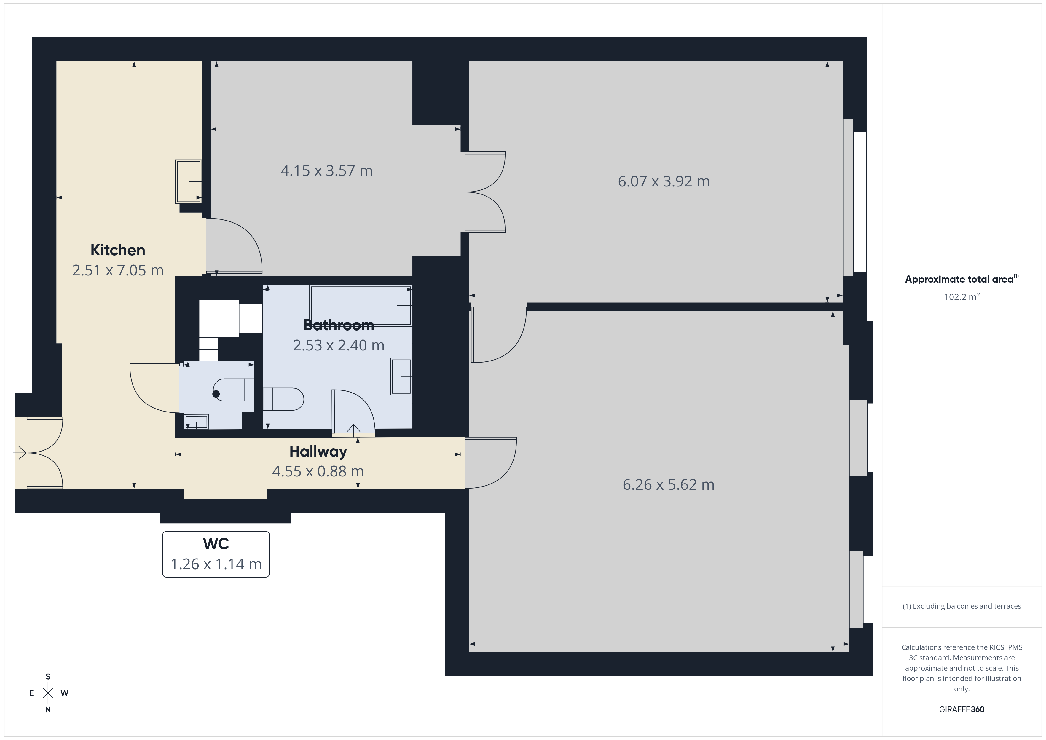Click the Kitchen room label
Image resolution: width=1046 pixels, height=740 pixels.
(x=117, y=250)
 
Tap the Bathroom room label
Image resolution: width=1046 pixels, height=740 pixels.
(x=339, y=325)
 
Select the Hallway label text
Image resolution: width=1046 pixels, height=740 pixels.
(x=318, y=452)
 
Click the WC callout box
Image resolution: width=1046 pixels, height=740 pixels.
(x=216, y=554)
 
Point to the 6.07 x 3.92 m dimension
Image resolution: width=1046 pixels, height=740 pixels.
(x=663, y=181)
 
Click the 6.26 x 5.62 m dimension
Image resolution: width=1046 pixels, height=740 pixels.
(x=668, y=484)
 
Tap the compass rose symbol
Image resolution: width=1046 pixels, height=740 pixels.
(x=48, y=693)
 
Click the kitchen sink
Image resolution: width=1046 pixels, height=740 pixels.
(x=189, y=181)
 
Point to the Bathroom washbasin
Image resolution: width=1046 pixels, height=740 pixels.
(x=401, y=377)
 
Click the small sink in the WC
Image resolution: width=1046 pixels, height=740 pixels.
(x=196, y=422)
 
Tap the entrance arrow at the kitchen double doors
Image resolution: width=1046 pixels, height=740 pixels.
(x=20, y=453)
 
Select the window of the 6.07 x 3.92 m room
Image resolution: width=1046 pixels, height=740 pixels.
(x=855, y=197)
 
